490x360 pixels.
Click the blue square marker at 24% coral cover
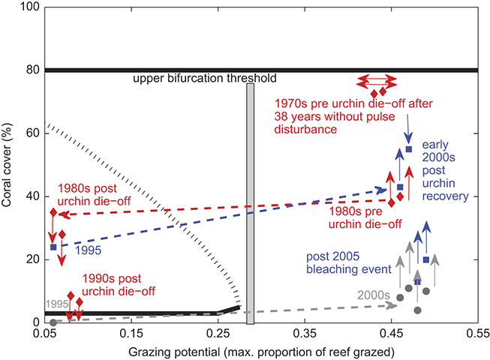click(53, 247)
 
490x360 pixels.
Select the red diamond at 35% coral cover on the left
click(53, 213)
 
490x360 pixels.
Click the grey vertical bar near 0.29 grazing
click(251, 202)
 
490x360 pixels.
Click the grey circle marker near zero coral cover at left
click(53, 322)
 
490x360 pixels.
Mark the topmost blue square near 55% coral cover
click(408, 149)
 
